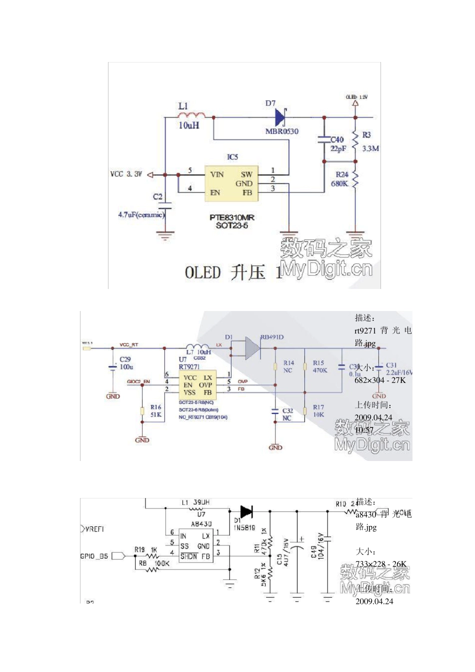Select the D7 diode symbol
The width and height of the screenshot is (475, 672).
coord(280,118)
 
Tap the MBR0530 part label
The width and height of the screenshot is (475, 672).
coord(281,131)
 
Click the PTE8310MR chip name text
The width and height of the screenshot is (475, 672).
coord(232,217)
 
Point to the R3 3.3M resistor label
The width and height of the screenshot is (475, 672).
coord(370,142)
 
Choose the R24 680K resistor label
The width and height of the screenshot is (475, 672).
coord(341,179)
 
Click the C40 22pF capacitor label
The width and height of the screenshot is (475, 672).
coord(338,144)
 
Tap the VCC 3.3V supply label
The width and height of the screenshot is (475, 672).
coord(126,174)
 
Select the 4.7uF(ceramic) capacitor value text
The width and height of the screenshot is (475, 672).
coord(141,214)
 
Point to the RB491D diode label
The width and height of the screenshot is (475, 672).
coord(272,337)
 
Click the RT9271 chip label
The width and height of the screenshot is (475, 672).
coord(189,366)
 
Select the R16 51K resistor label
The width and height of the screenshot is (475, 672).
coord(155,411)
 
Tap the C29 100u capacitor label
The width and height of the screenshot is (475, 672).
coord(126,363)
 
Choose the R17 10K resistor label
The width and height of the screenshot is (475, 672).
coord(318,411)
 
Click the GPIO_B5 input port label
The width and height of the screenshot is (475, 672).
coord(94,556)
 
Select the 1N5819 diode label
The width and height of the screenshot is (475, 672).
coord(244,527)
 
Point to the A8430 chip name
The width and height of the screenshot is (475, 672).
coord(201,524)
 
